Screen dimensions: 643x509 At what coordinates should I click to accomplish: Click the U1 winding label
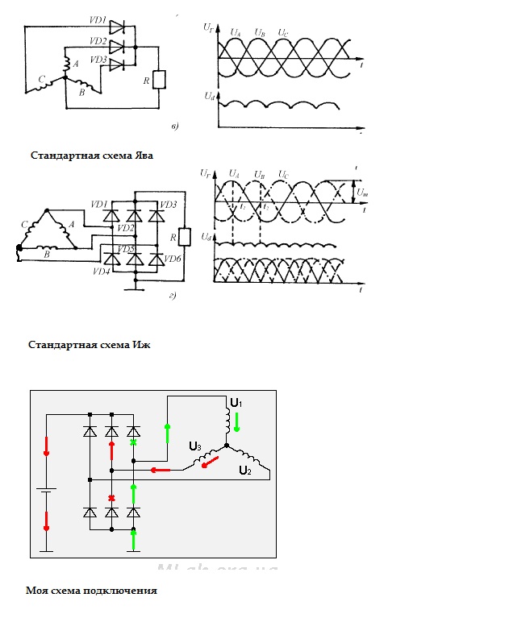(x=236, y=401)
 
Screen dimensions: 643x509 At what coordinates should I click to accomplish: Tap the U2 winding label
(x=244, y=471)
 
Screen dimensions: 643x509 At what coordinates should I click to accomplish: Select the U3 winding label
(x=194, y=446)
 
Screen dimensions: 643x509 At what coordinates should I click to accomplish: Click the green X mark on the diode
(x=134, y=442)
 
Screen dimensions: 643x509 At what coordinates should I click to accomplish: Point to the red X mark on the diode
(x=111, y=498)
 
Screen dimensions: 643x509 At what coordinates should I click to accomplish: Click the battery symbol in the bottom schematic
(x=46, y=491)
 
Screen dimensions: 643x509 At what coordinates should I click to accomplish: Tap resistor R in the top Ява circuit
(x=159, y=80)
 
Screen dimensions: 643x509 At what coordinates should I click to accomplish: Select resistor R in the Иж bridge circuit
(x=185, y=236)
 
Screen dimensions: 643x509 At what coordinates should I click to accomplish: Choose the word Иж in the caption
(x=142, y=345)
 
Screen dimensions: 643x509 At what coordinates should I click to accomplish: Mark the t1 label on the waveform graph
(x=243, y=207)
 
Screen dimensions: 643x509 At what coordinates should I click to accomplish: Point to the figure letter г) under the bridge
(x=173, y=297)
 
